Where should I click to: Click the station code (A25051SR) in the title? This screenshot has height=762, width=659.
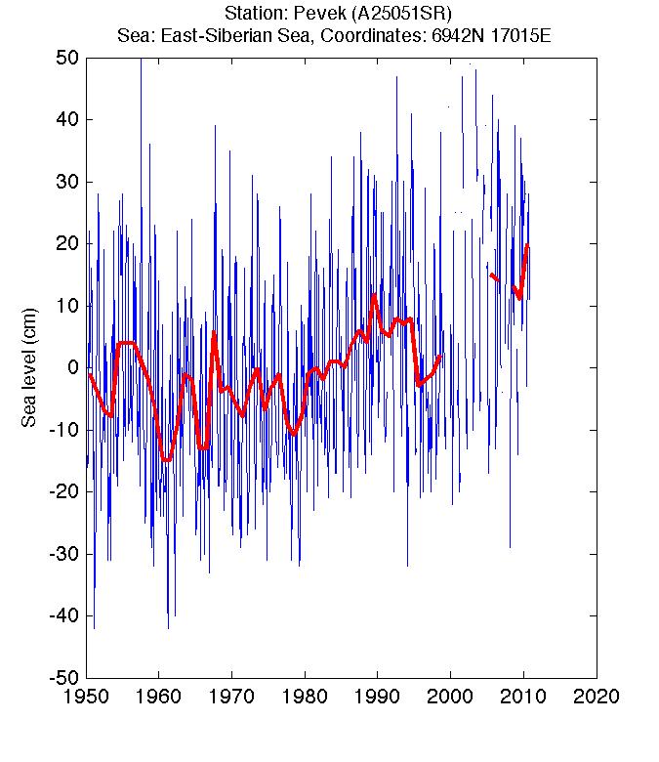[401, 13]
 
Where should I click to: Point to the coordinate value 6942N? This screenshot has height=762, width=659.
[458, 36]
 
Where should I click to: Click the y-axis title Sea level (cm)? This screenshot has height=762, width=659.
[29, 367]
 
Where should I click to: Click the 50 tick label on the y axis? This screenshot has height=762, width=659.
[67, 58]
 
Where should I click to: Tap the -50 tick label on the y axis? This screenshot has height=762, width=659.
[63, 677]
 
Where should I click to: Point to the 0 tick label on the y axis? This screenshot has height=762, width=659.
[73, 367]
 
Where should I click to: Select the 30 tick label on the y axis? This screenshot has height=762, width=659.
[67, 182]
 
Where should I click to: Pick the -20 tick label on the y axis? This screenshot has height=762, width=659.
[63, 491]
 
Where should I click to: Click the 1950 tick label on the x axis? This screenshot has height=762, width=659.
[86, 696]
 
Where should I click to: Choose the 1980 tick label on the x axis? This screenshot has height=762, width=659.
[305, 696]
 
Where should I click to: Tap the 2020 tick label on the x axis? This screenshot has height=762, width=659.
[597, 696]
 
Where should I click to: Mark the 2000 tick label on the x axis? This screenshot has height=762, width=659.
[450, 696]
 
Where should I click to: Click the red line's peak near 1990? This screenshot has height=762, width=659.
[374, 294]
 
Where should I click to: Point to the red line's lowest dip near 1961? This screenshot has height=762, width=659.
[167, 459]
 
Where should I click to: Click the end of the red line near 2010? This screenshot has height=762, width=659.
[527, 244]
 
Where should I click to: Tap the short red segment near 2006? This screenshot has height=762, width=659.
[494, 277]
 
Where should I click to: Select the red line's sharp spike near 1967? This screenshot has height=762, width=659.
[214, 332]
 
